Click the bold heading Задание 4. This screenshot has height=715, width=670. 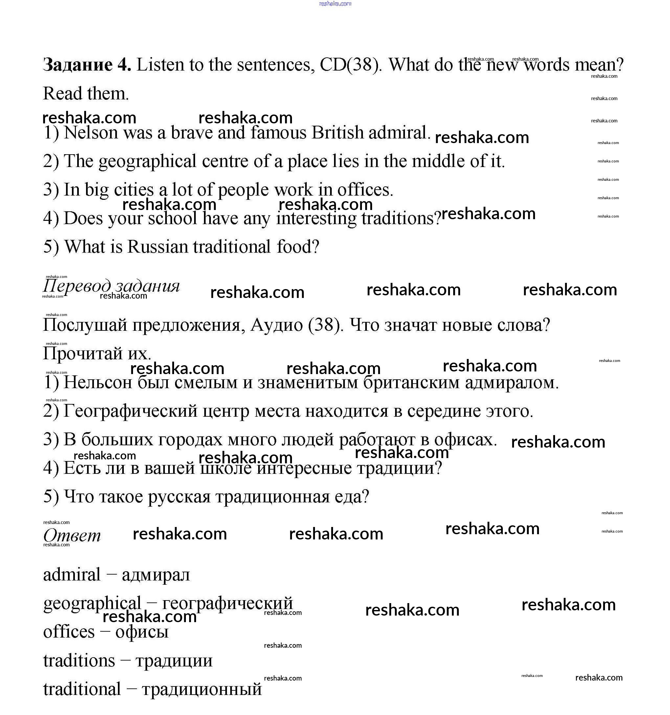[x=87, y=65]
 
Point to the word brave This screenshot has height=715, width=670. [x=191, y=133]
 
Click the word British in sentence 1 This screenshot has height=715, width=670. [x=337, y=133]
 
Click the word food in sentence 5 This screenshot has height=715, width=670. [x=297, y=247]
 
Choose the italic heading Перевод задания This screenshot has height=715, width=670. [x=111, y=286]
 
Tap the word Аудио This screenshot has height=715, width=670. [x=276, y=325]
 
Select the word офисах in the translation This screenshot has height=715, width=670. [x=465, y=439]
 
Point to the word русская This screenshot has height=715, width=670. [x=179, y=497]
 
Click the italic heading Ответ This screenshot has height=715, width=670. [x=72, y=536]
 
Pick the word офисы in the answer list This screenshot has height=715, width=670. [x=142, y=632]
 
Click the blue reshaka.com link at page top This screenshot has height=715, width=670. [x=335, y=4]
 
